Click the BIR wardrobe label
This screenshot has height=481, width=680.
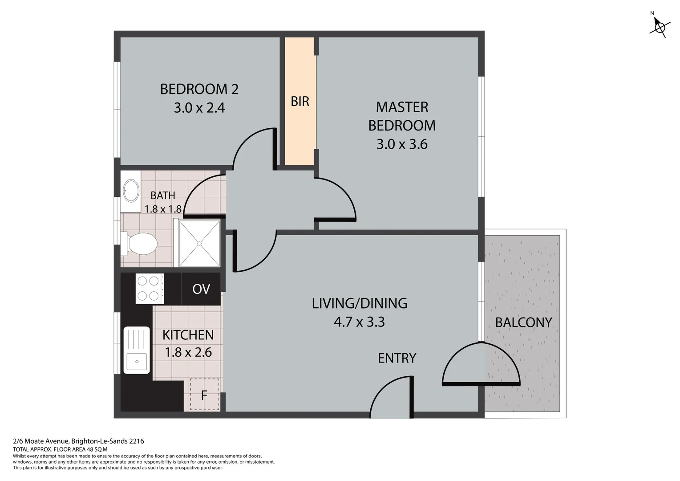[x=300, y=102]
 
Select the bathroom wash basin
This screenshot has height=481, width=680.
[x=131, y=191]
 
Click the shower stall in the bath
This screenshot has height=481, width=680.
[x=199, y=243]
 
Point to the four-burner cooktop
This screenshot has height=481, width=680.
[x=150, y=288]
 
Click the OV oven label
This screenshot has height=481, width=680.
[x=201, y=289]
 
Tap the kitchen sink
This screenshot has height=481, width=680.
[x=137, y=350]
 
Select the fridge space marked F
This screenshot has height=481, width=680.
[x=205, y=394]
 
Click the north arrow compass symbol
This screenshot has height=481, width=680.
[x=660, y=27]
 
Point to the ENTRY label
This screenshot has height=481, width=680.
[x=397, y=358]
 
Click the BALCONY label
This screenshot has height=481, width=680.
[x=524, y=322]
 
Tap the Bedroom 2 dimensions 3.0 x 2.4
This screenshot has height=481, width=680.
[x=199, y=108]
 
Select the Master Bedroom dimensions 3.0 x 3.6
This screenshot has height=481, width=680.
[x=402, y=144]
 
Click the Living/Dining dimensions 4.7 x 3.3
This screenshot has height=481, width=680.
[x=360, y=322]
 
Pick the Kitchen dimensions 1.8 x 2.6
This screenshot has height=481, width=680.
[x=188, y=352]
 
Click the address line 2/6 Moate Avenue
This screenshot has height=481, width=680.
[x=78, y=441]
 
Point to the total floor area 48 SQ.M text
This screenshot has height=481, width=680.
[x=60, y=449]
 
